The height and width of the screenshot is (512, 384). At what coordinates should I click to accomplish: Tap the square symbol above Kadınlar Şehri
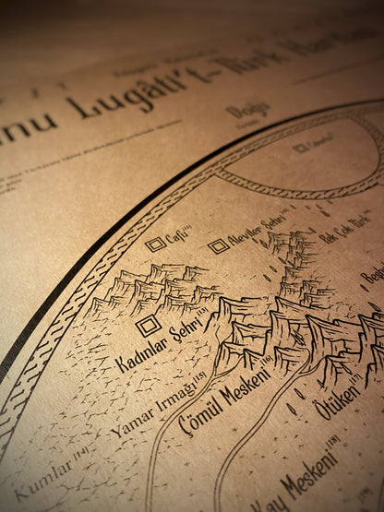pyautogui.click(x=148, y=326)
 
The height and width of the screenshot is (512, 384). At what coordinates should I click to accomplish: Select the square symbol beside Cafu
pyautogui.click(x=155, y=244)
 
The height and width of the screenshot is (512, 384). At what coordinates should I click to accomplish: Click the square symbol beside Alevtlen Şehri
pyautogui.click(x=218, y=245)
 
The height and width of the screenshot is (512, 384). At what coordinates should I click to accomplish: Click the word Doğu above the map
pyautogui.click(x=246, y=112)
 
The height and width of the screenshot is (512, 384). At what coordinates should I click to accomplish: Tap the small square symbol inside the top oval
pyautogui.click(x=300, y=147)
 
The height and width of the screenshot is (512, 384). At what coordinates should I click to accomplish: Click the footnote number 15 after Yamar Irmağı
pyautogui.click(x=200, y=379)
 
